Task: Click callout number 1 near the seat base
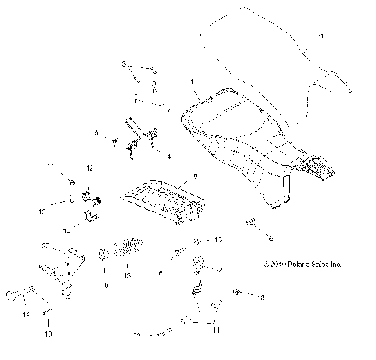190,81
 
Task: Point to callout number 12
89,168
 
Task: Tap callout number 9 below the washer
105,286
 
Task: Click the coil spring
127,252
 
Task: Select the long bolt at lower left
23,295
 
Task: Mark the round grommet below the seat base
249,224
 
